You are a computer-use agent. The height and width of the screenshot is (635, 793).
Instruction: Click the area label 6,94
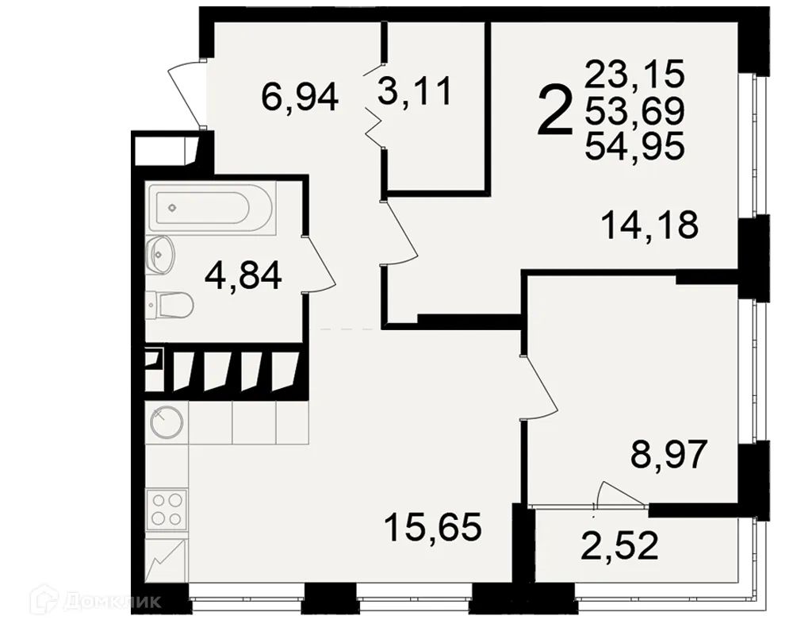(299, 97)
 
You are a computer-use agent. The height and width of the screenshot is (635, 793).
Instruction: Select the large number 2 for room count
(554, 112)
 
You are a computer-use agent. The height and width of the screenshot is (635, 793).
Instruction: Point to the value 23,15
(634, 76)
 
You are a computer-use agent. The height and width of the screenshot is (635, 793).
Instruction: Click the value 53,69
(634, 112)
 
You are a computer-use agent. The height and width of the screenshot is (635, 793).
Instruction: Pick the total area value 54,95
(634, 147)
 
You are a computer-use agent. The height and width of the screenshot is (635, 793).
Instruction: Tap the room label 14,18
(649, 225)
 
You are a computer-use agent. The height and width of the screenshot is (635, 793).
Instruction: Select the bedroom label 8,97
(667, 456)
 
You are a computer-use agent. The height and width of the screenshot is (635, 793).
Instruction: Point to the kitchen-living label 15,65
(432, 526)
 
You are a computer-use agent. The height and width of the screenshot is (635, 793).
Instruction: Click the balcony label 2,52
(621, 545)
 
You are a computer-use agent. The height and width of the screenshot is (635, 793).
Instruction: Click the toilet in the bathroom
(170, 303)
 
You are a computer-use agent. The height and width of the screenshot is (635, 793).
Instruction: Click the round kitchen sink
(166, 421)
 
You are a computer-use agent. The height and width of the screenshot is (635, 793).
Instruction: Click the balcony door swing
(620, 493)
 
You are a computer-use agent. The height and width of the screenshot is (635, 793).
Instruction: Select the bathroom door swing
(319, 265)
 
